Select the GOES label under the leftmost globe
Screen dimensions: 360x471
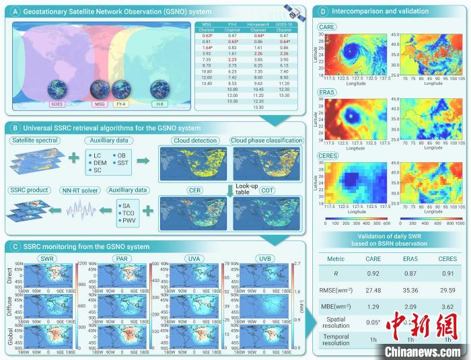click(x=56, y=104)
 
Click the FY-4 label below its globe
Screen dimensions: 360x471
click(x=122, y=104)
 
